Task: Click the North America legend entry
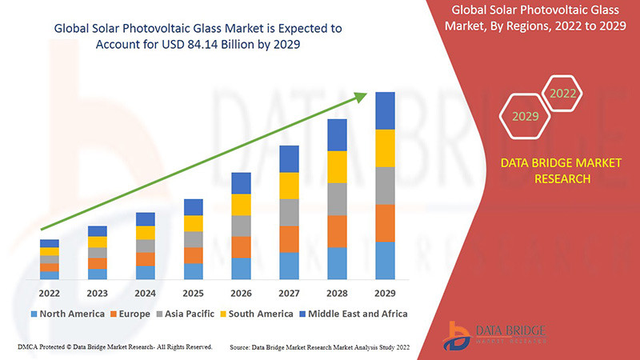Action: point(67,314)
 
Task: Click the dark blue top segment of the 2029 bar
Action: point(385,110)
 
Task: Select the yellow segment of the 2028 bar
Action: point(337,166)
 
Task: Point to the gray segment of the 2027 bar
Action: point(289,212)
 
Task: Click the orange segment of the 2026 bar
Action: point(241,246)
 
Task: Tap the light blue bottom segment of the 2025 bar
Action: point(193,271)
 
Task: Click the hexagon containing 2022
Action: point(562,94)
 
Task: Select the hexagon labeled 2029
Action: point(525,116)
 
